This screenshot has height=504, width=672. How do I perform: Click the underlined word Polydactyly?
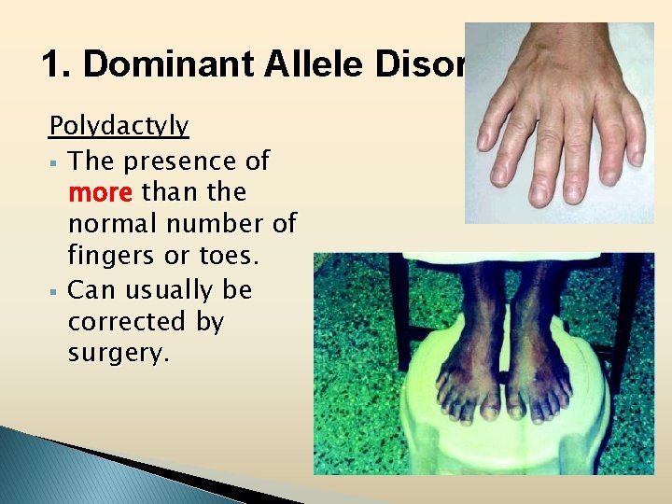(x=119, y=126)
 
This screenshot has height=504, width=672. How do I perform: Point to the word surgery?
(x=119, y=354)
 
